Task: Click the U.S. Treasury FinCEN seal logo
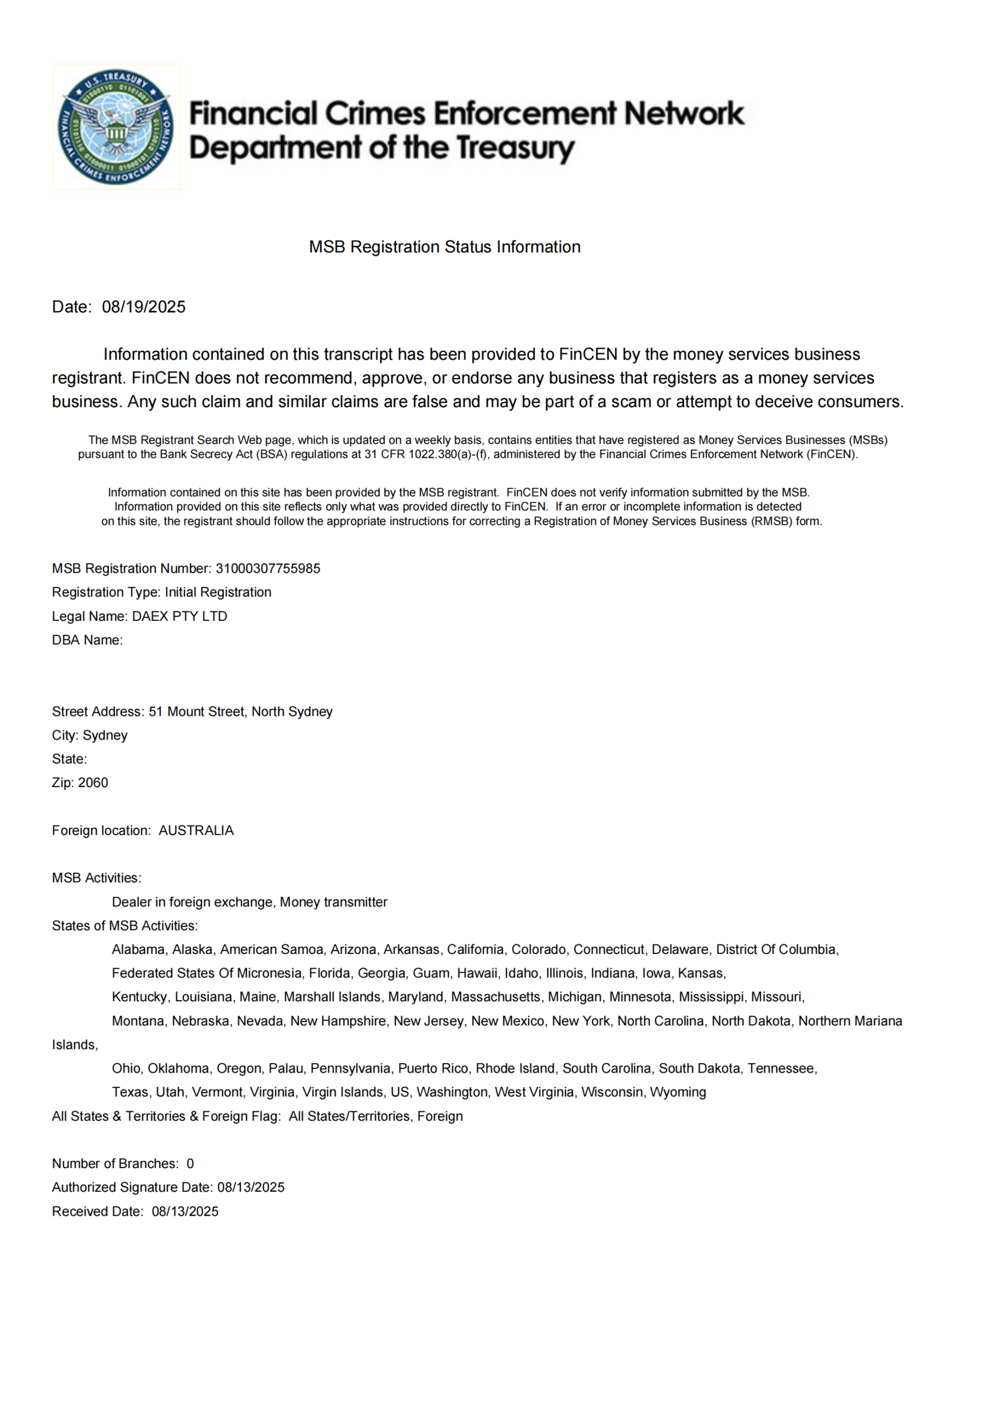tap(116, 127)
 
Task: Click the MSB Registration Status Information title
tap(444, 247)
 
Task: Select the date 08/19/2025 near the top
tap(144, 307)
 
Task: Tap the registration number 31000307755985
tap(267, 568)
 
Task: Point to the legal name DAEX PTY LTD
tap(180, 616)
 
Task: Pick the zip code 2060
tap(93, 783)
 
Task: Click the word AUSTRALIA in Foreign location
tap(196, 830)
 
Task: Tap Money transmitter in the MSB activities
tap(333, 901)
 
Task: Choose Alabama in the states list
tap(138, 949)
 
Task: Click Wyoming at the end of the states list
tap(678, 1092)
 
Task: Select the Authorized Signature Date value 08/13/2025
tap(251, 1187)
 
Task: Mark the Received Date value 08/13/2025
tap(185, 1211)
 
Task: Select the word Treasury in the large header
tap(515, 149)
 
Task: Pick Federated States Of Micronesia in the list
tap(207, 973)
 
